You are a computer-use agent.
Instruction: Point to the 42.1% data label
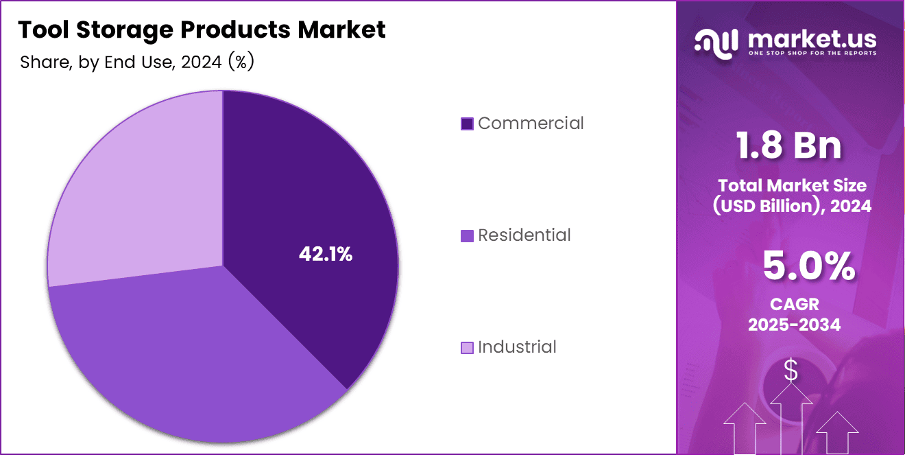(x=326, y=255)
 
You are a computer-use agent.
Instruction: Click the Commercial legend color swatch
(x=467, y=124)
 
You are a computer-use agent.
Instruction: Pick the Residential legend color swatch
(x=467, y=236)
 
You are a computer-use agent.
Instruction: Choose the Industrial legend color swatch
(x=467, y=348)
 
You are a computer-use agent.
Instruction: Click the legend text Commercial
(x=531, y=124)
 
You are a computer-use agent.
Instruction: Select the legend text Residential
(x=524, y=235)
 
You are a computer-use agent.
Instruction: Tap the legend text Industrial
(x=517, y=347)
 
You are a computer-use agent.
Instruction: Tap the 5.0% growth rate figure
(x=808, y=267)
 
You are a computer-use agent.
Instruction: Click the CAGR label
(x=794, y=304)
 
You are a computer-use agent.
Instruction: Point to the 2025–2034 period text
(x=794, y=325)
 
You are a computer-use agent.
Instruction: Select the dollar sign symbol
(x=791, y=371)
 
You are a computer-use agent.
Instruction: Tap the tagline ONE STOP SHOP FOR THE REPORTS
(x=812, y=53)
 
